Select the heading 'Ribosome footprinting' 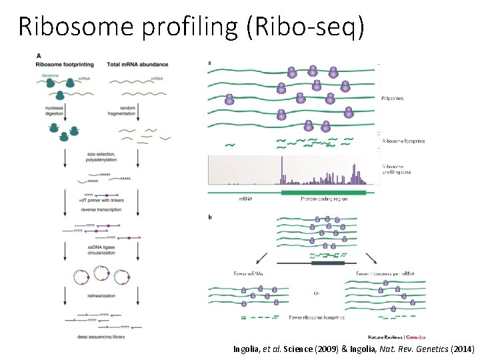(65, 64)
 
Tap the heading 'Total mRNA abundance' (137, 64)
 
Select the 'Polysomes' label (392, 99)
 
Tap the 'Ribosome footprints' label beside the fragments (403, 141)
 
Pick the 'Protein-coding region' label (323, 199)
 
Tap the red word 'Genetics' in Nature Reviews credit (416, 337)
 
